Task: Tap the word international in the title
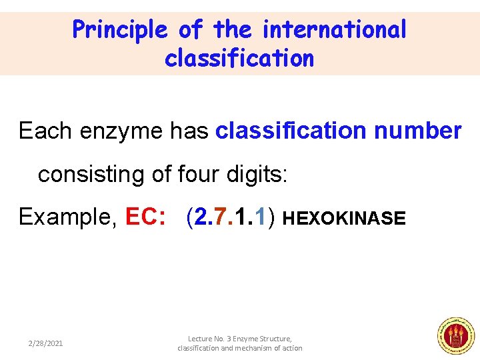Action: point(334,30)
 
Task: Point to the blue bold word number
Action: point(417,131)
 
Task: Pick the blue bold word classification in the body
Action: point(291,131)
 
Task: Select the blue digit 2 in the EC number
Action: point(201,217)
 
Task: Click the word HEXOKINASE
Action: point(344,219)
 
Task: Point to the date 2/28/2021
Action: point(45,343)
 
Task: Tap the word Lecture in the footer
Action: point(201,339)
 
